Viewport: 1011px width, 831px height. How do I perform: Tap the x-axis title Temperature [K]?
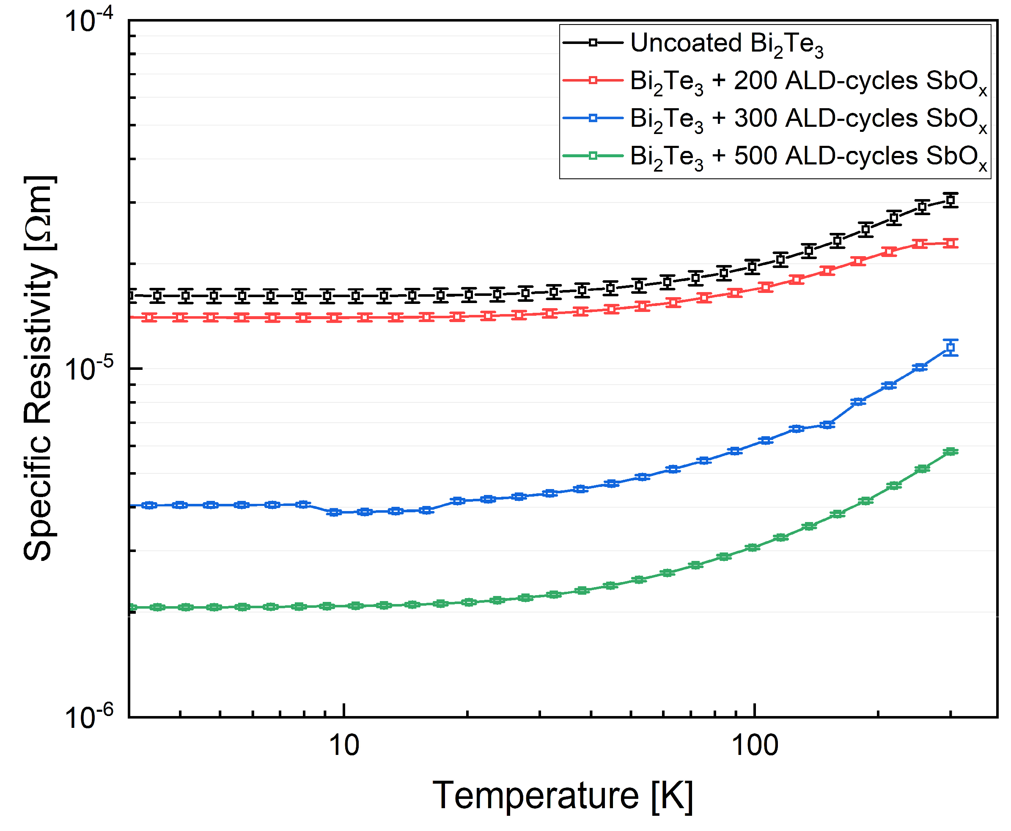coord(562,795)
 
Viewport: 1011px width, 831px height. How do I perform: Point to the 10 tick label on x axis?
coord(343,745)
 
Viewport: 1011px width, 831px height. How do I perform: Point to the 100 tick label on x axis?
coord(755,745)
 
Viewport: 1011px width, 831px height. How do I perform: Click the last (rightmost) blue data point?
coord(950,347)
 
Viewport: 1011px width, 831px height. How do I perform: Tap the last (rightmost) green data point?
coord(950,451)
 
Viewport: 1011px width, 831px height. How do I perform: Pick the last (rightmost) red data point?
coord(950,243)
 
